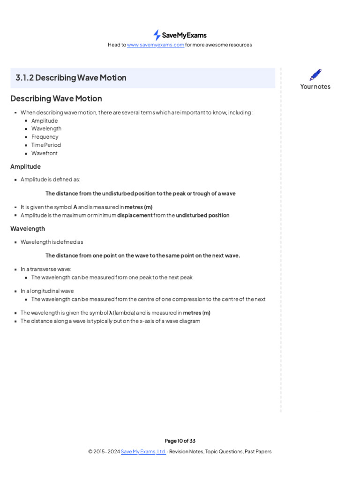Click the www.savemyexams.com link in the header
tap(155, 45)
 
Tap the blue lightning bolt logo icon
tap(157, 35)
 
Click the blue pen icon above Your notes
tap(315, 75)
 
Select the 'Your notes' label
tap(315, 87)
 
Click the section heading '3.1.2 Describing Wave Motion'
tap(71, 78)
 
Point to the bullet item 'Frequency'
tap(45, 137)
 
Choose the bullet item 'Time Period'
tap(46, 145)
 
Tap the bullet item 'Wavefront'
tap(45, 153)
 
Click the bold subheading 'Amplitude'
tap(25, 166)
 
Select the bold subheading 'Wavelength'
tap(28, 229)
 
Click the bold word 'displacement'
tap(135, 216)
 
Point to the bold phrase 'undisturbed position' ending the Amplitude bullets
tap(202, 216)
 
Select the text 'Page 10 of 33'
tap(180, 441)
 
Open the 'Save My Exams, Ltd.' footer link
tap(143, 452)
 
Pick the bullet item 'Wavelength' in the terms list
tap(46, 128)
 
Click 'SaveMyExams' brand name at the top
tap(184, 35)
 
